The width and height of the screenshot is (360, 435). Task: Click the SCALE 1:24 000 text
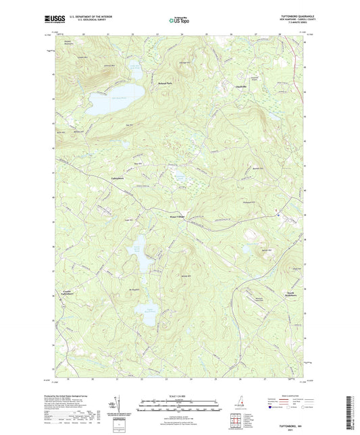click(177, 395)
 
